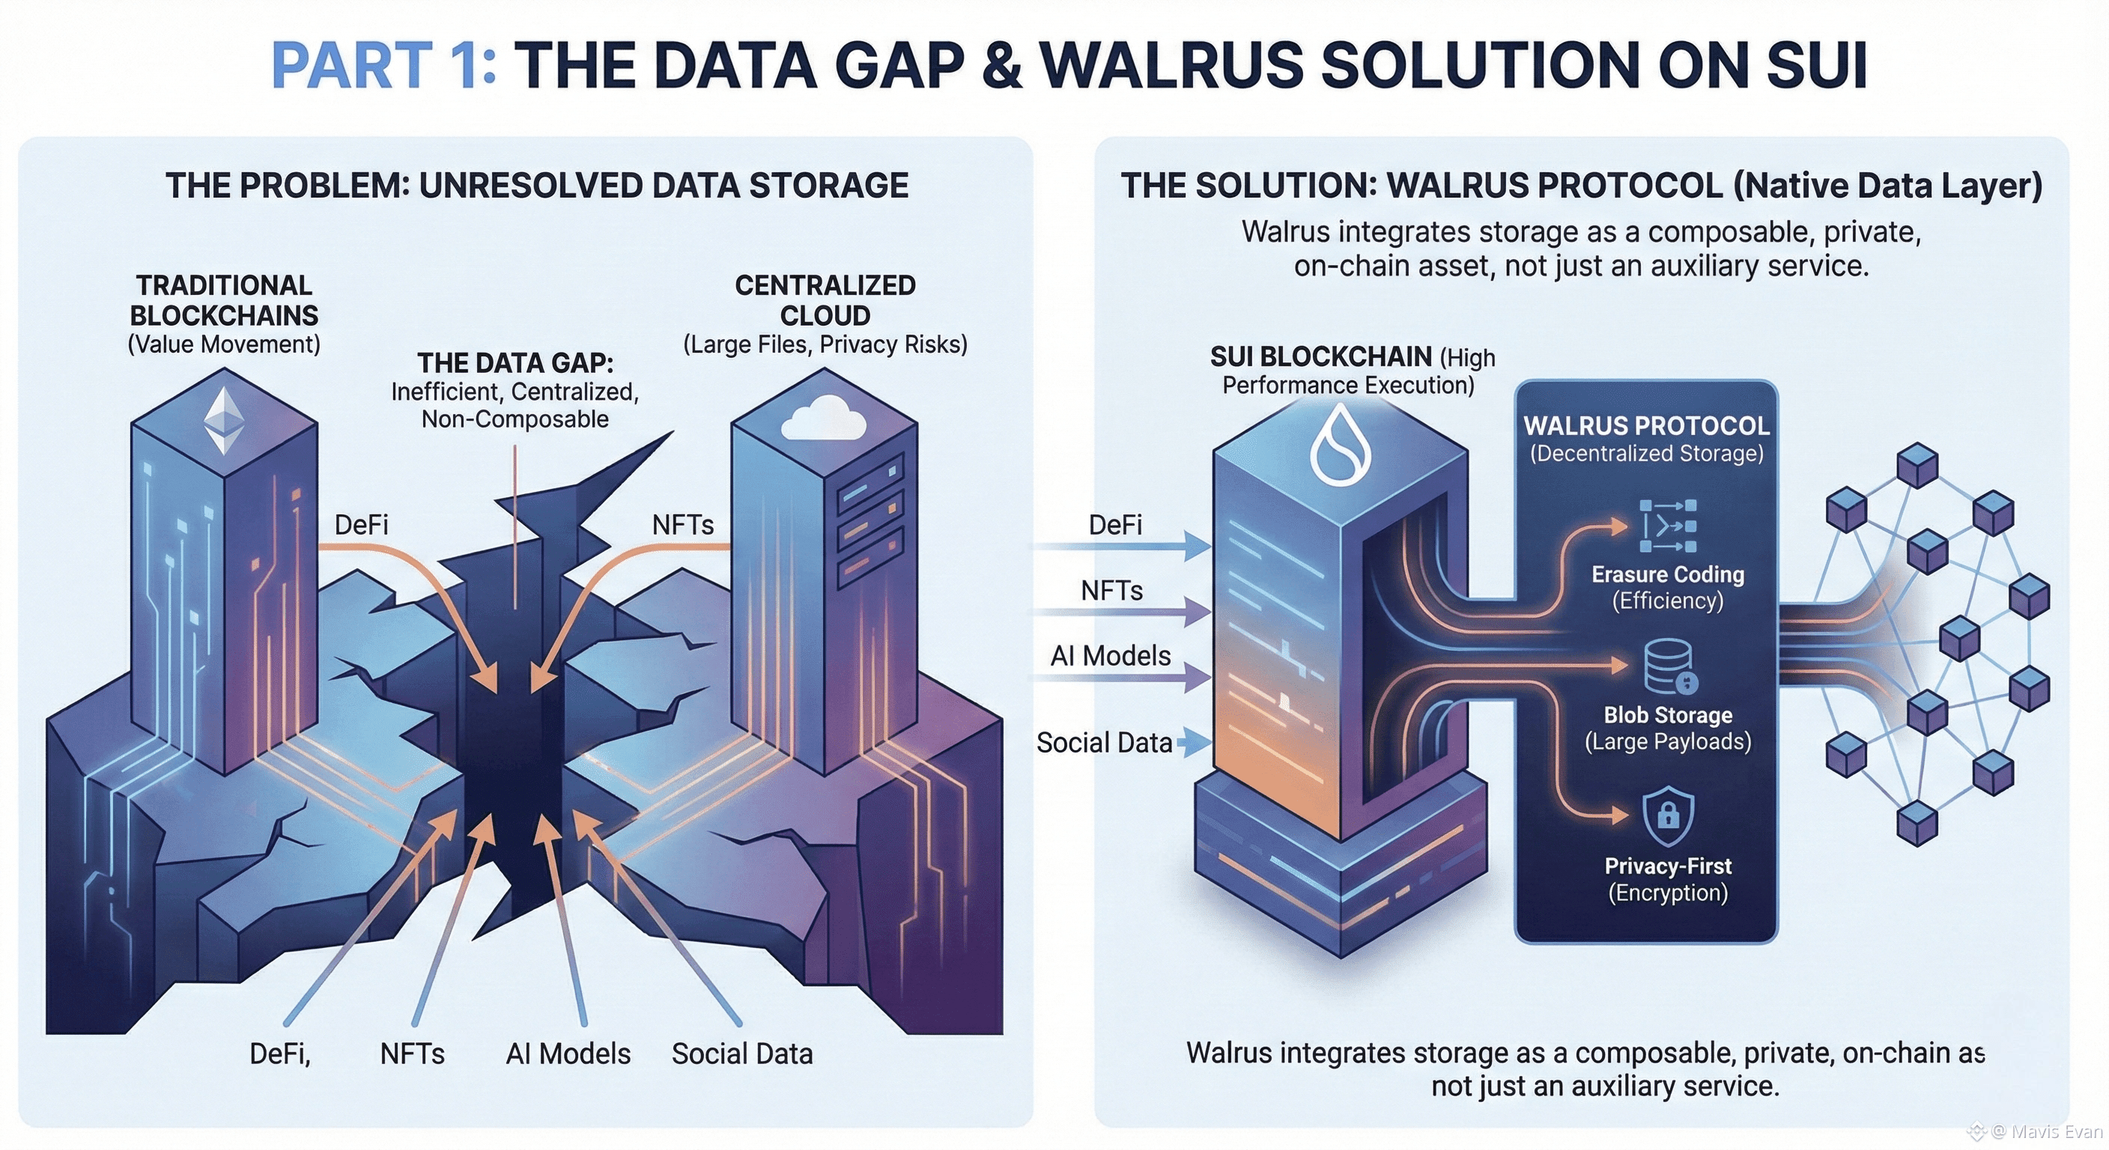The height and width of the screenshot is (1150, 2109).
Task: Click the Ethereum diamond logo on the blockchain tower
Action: pos(223,420)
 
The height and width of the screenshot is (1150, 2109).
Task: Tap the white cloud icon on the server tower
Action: pos(823,419)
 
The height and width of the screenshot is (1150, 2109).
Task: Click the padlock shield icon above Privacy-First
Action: pos(1668,815)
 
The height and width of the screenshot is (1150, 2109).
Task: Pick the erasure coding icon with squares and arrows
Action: pos(1669,526)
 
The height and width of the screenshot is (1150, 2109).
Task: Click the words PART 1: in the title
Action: pos(383,65)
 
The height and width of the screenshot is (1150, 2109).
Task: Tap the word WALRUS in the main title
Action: pos(1171,65)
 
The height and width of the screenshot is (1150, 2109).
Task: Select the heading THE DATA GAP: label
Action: pos(515,362)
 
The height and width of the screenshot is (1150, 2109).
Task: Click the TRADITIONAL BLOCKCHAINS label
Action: pos(223,300)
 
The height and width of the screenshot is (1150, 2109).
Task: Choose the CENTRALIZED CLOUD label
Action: pos(825,300)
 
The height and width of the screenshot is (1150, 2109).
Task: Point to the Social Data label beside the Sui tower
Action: pos(1104,743)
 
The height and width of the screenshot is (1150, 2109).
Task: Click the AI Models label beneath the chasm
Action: pos(568,1053)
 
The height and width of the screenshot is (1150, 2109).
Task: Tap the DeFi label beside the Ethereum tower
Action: pos(361,525)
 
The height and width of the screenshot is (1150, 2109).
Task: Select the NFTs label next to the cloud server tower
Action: pos(683,525)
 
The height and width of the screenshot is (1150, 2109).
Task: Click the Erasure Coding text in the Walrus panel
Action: pos(1668,574)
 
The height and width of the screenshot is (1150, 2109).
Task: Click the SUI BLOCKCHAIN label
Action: pos(1320,357)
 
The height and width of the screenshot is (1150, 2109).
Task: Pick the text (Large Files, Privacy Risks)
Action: pos(825,344)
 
